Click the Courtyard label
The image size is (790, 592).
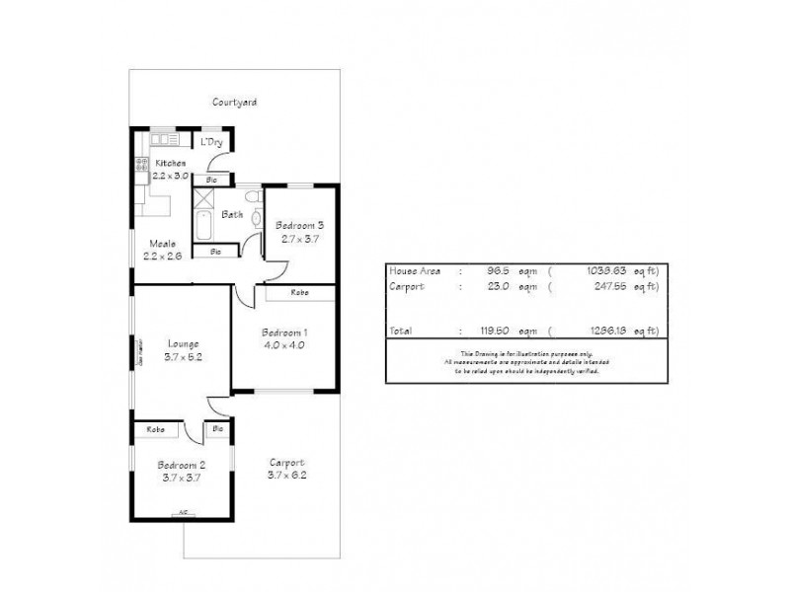(234, 102)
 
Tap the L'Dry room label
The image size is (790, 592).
(211, 143)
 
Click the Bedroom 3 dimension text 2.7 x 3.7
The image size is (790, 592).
(299, 239)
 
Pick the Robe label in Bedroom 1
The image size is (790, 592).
(299, 293)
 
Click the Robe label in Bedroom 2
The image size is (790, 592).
(156, 429)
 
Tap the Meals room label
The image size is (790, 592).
(163, 244)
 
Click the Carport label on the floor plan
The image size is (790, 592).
(285, 462)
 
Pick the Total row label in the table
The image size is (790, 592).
(402, 331)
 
